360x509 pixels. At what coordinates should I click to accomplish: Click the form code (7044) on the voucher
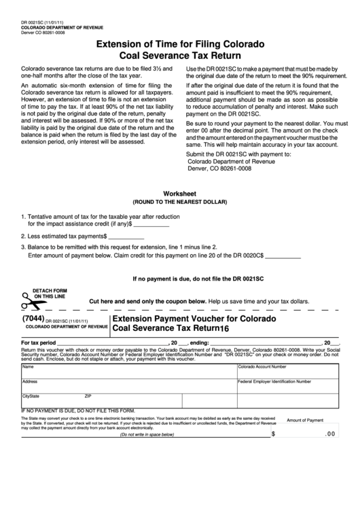(x=33, y=317)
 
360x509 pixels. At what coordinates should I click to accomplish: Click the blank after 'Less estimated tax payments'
(x=126, y=236)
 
